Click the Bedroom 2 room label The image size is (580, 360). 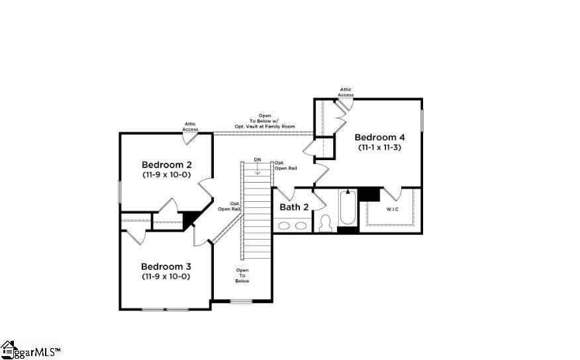[166, 165]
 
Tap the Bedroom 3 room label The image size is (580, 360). [166, 267]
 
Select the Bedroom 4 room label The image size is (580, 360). [379, 137]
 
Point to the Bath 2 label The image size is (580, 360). [294, 207]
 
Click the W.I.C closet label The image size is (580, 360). [393, 209]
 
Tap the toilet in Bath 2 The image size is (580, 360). [325, 223]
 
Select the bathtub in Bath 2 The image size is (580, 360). [348, 207]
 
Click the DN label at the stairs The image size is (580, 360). [258, 159]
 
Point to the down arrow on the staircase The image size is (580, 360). [258, 169]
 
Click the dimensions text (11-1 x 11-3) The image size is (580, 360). [379, 148]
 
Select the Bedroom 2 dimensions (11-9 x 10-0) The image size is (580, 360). [166, 175]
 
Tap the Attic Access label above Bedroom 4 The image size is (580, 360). [346, 92]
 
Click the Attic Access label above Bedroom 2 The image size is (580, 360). [190, 127]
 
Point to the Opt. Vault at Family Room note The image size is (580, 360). [265, 126]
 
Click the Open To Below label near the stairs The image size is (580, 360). [242, 276]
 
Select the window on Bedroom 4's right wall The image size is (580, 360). [422, 120]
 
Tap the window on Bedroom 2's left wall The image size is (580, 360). [120, 191]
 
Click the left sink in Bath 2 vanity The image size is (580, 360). [284, 226]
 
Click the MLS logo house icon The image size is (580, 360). [7, 349]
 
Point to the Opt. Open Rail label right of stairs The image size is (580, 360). [285, 165]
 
